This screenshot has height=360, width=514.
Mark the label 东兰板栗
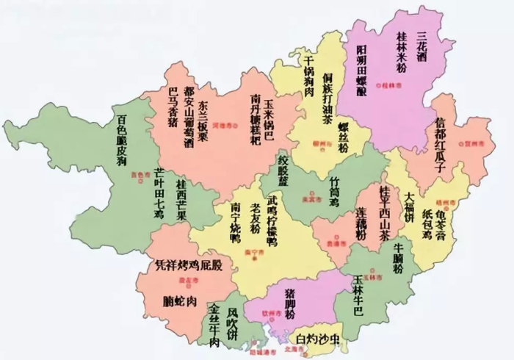(207, 118)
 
